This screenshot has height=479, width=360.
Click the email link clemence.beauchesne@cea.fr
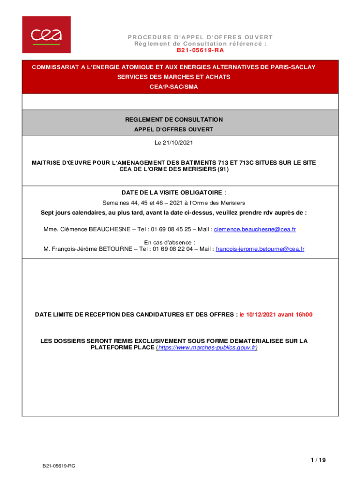pos(255,229)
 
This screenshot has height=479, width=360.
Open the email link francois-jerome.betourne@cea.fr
pos(259,249)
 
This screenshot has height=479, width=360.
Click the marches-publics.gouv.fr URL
pos(207,348)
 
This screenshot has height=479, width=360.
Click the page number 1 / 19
pos(318,460)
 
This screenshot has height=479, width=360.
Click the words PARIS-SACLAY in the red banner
pos(293,67)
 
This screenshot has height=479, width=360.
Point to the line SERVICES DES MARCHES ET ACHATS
pos(173,77)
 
